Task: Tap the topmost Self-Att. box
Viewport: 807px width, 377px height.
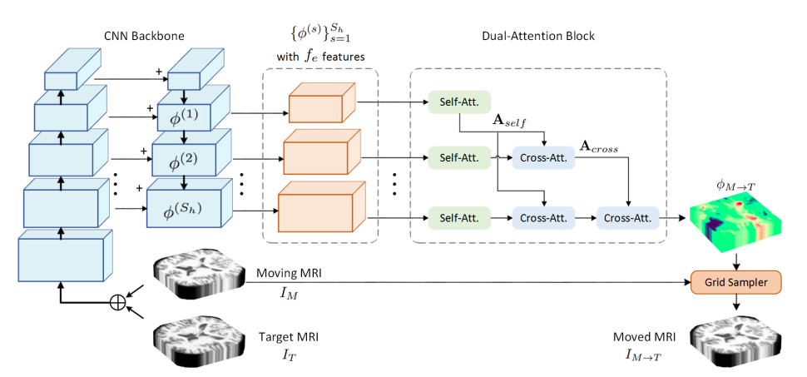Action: (x=458, y=102)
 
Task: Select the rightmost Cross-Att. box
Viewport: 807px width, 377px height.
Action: (x=626, y=220)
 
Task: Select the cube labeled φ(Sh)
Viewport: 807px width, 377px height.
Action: (x=185, y=207)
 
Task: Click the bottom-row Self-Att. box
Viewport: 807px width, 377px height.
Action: (x=458, y=220)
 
